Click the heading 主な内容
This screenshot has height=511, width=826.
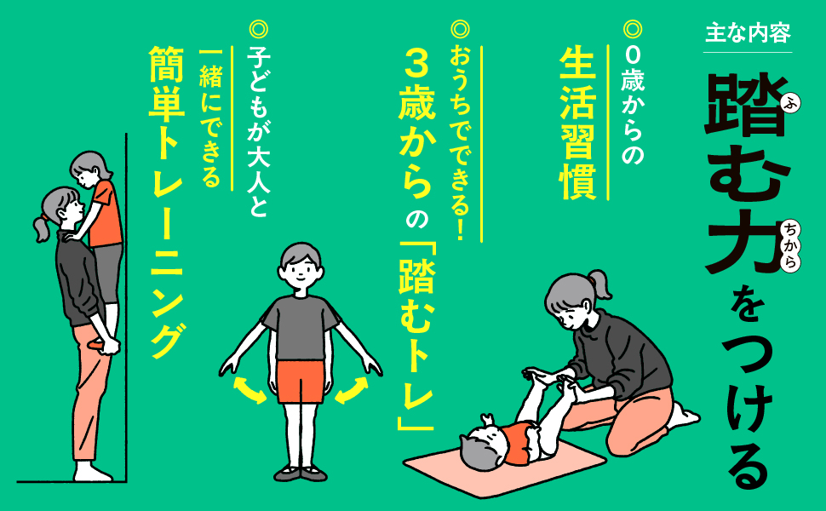(x=748, y=33)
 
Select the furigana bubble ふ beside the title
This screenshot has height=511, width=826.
(x=790, y=104)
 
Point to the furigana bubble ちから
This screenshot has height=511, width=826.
(x=790, y=246)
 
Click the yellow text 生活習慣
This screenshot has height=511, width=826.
(x=577, y=123)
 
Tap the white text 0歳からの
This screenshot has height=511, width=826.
(x=632, y=106)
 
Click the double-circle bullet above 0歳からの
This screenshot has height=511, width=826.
(x=632, y=28)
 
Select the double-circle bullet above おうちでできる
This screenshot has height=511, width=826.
(x=460, y=29)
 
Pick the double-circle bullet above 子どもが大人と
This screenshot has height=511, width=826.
(x=258, y=29)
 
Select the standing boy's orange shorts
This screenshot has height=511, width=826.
(x=301, y=382)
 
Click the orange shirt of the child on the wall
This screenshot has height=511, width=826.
(x=106, y=214)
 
